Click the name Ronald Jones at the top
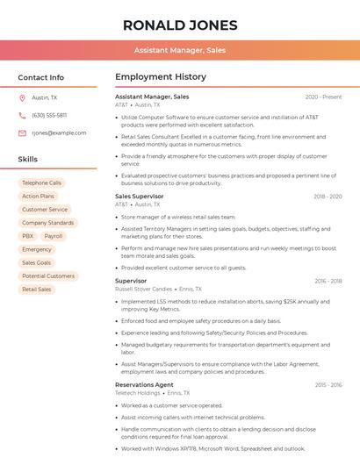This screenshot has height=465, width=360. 179,24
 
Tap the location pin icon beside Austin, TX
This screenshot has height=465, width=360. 22,97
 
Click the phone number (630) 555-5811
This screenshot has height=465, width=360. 49,115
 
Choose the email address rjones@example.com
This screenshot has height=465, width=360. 53,132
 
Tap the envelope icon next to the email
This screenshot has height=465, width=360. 22,132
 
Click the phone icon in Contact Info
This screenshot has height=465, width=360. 22,115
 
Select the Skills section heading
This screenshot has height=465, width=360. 28,160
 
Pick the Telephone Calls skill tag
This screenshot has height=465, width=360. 41,183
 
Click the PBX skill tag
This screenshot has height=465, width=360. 28,236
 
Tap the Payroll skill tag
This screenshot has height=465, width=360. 54,236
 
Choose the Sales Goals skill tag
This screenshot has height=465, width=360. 37,262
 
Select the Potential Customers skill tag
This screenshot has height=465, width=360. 48,275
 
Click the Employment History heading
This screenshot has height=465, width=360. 161,77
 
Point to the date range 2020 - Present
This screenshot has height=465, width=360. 323,97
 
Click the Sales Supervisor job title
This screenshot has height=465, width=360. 140,197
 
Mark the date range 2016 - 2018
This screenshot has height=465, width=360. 328,281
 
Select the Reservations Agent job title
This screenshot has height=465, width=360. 144,384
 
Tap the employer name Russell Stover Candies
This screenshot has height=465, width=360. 143,289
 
